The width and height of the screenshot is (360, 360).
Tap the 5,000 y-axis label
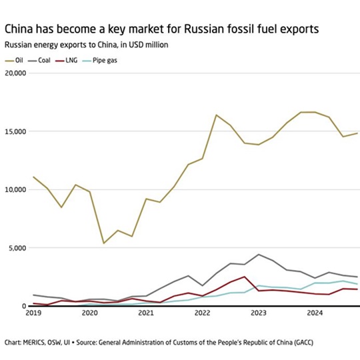(17, 248)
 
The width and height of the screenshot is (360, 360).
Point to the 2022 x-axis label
(202, 312)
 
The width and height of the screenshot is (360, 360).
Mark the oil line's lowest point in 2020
(103, 243)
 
